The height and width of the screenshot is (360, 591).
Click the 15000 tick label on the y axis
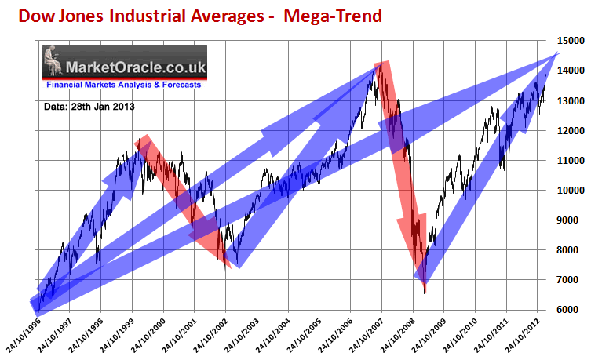tap(570, 40)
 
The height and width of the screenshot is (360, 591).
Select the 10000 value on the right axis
tap(570, 190)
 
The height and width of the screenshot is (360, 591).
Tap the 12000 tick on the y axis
tap(570, 130)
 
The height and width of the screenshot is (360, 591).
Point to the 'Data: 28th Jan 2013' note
tap(87, 104)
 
